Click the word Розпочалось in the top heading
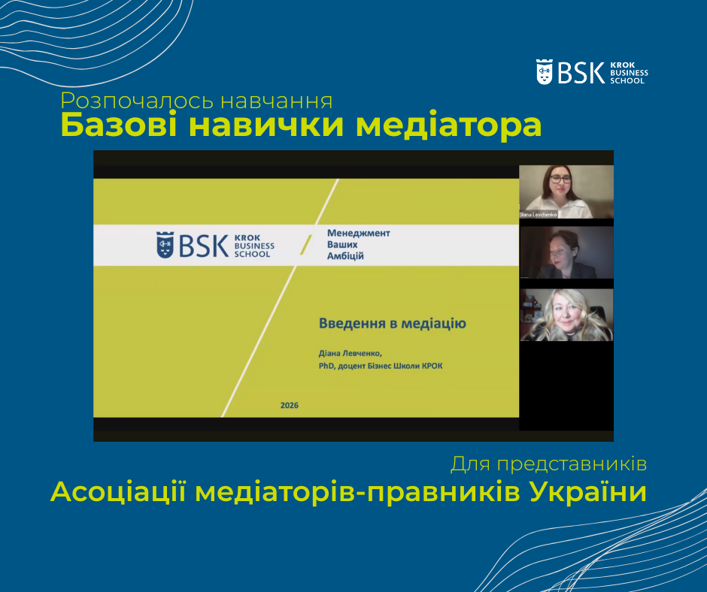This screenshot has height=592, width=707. pyautogui.click(x=137, y=101)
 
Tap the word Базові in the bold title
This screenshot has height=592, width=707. pyautogui.click(x=119, y=125)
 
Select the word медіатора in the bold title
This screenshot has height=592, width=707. pyautogui.click(x=448, y=125)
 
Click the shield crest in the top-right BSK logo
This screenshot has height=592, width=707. pyautogui.click(x=545, y=72)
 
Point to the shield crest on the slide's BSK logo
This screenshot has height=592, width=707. pyautogui.click(x=165, y=245)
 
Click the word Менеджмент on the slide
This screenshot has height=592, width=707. pyautogui.click(x=359, y=233)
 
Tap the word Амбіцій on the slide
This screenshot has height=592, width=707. pyautogui.click(x=345, y=256)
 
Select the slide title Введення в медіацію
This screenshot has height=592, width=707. pyautogui.click(x=393, y=324)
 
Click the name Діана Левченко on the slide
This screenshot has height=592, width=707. pyautogui.click(x=350, y=353)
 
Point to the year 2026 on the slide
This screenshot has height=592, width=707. pyautogui.click(x=290, y=406)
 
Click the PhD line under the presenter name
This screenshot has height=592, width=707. pyautogui.click(x=381, y=366)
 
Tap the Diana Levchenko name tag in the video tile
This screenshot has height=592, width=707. pyautogui.click(x=538, y=215)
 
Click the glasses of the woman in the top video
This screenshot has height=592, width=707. pyautogui.click(x=560, y=180)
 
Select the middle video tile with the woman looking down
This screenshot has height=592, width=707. pyautogui.click(x=566, y=252)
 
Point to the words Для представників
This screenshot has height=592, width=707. pyautogui.click(x=549, y=464)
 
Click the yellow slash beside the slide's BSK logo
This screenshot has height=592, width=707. pyautogui.click(x=306, y=245)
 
